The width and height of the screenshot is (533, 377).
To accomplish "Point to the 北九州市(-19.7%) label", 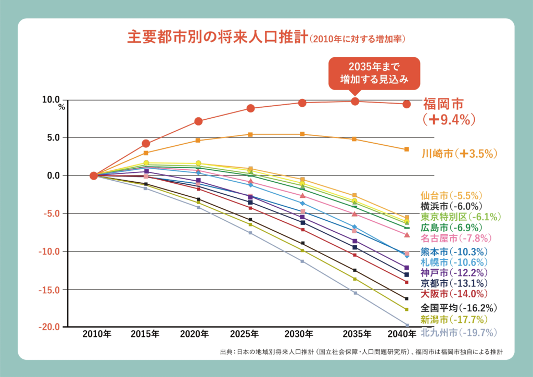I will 459,332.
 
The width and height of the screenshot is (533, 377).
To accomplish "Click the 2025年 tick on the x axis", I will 250,334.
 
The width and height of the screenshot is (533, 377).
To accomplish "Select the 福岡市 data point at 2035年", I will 354,101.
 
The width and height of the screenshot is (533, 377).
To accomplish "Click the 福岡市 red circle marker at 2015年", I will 146,143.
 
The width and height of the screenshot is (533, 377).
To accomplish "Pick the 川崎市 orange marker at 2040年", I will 407,149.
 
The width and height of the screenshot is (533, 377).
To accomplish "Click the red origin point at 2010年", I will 94,175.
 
